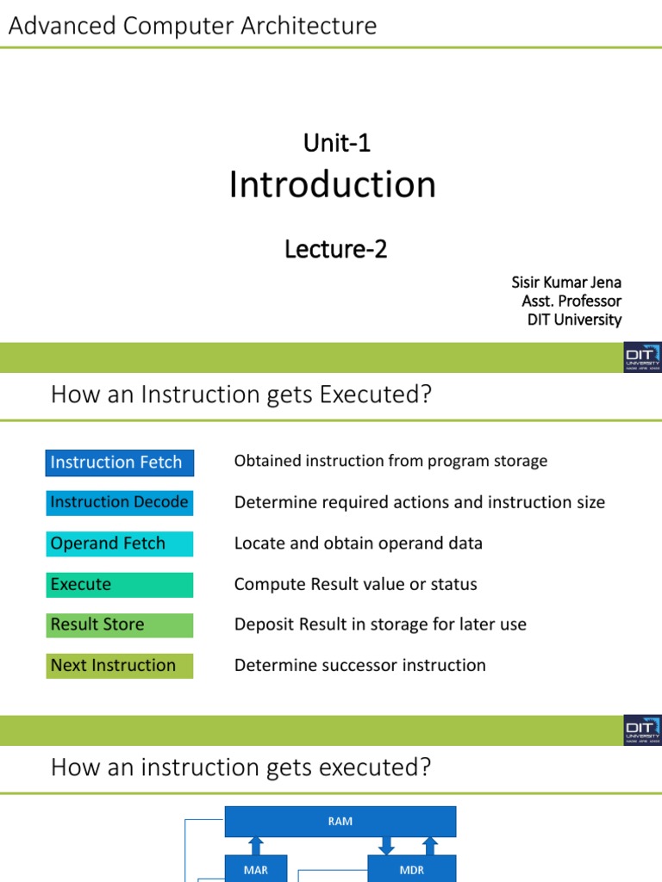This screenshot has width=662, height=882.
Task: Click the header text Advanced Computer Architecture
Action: coord(192,26)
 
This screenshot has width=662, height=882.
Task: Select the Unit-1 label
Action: coord(336,143)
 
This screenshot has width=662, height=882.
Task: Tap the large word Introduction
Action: coord(332,185)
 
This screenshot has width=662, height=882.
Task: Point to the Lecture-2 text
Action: coord(335,249)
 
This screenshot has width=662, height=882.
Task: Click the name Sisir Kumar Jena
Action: coord(566,283)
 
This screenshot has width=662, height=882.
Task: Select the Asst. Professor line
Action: coord(571,301)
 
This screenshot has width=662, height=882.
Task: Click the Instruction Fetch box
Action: coord(119,463)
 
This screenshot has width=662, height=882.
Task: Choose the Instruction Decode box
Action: coord(119,502)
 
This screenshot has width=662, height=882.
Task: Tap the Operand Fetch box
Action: coord(119,543)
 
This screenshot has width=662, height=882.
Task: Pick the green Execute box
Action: coord(119,584)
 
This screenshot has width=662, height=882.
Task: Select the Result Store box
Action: coord(119,624)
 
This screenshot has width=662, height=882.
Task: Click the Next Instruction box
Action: coord(119,666)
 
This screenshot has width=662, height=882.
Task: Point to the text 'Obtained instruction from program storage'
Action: coord(390,461)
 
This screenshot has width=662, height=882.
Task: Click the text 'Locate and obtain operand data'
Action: coord(358,543)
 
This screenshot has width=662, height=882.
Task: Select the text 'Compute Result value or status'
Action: coord(355,584)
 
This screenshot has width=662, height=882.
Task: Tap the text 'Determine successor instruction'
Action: coord(359,666)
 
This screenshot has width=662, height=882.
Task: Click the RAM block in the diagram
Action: coord(340,822)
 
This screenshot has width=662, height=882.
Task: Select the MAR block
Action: coord(255,869)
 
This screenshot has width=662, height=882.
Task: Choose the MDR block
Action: coord(412,869)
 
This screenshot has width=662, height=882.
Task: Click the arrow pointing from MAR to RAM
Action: coord(255,845)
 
